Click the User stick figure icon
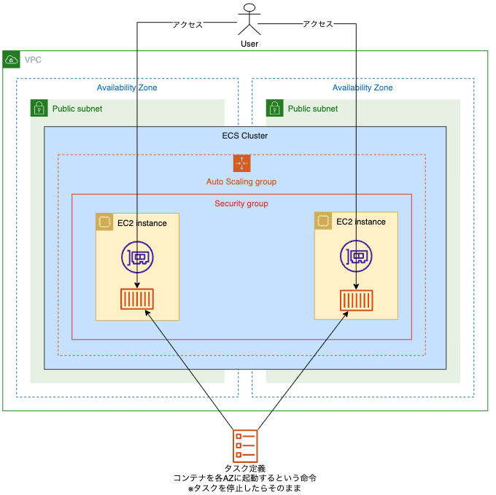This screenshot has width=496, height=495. click(x=249, y=20)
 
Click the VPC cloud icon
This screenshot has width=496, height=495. click(x=12, y=59)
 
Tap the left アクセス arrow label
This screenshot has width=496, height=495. click(x=187, y=24)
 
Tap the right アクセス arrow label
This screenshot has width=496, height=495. click(x=317, y=24)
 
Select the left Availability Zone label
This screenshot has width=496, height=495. click(x=127, y=87)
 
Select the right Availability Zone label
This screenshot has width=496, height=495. click(x=363, y=87)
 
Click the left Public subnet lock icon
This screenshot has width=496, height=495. click(x=39, y=109)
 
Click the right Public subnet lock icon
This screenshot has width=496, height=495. click(x=274, y=109)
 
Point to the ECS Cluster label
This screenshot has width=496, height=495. click(x=244, y=136)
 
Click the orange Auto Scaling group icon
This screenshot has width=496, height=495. click(x=241, y=163)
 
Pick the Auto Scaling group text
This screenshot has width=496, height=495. click(x=241, y=182)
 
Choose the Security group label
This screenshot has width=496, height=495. click(x=241, y=203)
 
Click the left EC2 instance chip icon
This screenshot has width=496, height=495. click(x=104, y=222)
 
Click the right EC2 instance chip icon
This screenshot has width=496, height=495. click(x=323, y=220)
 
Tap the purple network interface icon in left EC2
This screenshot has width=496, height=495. click(x=137, y=257)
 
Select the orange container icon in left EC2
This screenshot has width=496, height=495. click(x=137, y=299)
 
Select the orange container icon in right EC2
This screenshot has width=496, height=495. click(x=356, y=299)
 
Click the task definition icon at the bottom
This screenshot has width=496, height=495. click(x=245, y=445)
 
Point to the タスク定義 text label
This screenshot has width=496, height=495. click(x=245, y=468)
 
